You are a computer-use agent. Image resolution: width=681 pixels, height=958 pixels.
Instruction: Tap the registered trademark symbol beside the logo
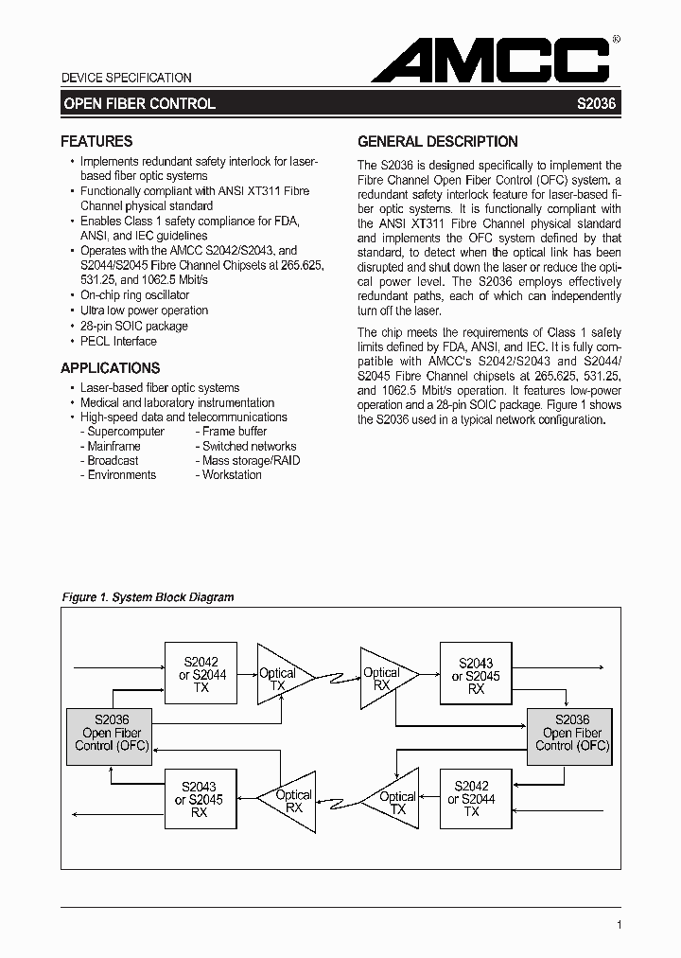click(616, 41)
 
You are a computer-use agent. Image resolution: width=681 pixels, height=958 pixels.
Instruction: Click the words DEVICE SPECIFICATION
click(126, 78)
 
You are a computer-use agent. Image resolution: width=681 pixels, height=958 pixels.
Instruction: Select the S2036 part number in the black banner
click(596, 103)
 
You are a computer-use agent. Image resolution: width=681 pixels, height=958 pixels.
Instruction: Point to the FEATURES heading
click(96, 142)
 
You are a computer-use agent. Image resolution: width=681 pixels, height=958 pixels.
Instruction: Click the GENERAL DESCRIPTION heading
click(437, 142)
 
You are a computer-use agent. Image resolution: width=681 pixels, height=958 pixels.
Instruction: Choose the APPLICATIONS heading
click(111, 368)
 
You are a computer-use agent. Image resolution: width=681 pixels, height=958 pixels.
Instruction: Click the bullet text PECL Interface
click(118, 341)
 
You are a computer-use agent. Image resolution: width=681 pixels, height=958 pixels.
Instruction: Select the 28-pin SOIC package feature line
click(134, 326)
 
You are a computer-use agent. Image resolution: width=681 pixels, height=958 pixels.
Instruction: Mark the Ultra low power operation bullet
click(144, 310)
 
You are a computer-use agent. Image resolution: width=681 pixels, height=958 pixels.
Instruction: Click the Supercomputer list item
click(125, 432)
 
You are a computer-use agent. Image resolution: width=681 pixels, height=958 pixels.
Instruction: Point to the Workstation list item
click(231, 475)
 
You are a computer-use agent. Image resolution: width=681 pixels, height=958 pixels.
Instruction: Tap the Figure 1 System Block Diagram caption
click(148, 597)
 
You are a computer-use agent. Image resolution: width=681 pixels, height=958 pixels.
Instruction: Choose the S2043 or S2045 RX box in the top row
click(476, 676)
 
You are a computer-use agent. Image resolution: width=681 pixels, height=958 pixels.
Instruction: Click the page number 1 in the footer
click(618, 925)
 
